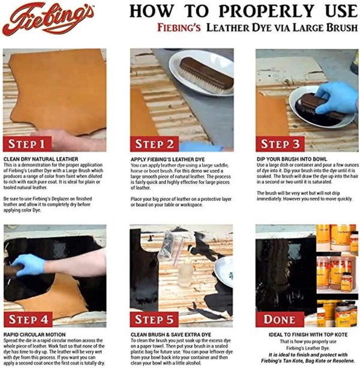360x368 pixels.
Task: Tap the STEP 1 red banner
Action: [34, 144]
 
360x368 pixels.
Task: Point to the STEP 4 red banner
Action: [34, 319]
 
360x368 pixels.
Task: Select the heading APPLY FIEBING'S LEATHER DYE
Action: [169, 159]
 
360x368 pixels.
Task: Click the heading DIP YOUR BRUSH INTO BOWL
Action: [293, 159]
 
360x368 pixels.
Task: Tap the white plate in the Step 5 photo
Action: [225, 270]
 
